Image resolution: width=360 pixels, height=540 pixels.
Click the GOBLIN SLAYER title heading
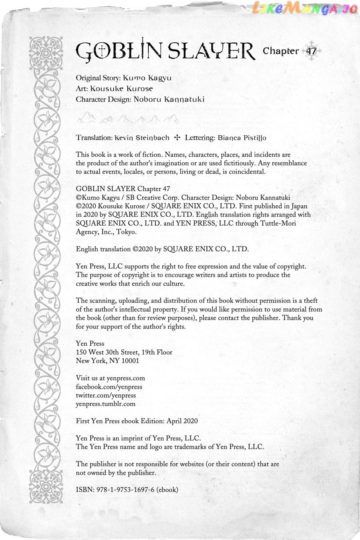pyautogui.click(x=165, y=51)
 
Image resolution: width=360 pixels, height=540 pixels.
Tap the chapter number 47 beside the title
pyautogui.click(x=311, y=51)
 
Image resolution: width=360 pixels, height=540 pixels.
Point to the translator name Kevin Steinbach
pyautogui.click(x=142, y=138)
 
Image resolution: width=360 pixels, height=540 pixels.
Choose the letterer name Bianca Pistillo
pyautogui.click(x=242, y=138)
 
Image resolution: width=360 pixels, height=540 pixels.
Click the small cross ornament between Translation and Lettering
pyautogui.click(x=177, y=138)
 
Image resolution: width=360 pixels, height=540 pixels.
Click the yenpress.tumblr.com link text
pyautogui.click(x=106, y=404)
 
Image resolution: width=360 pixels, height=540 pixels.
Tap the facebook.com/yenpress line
pyautogui.click(x=109, y=387)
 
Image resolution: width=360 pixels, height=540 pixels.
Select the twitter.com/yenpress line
pyautogui.click(x=106, y=395)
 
